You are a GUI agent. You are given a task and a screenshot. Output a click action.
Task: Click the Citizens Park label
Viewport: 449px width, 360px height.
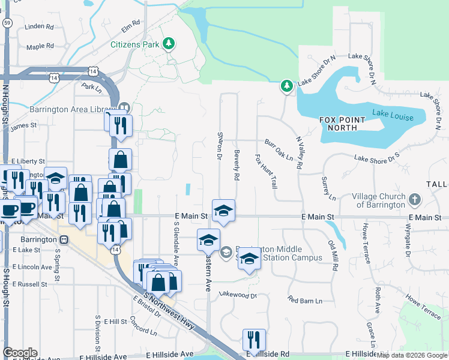click(134, 44)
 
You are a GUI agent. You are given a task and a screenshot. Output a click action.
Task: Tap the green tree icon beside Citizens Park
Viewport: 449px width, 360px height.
click(170, 43)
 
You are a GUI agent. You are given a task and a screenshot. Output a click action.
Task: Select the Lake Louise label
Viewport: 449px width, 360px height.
click(393, 116)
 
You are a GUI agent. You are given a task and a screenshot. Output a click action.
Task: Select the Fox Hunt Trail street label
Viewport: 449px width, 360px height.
click(265, 172)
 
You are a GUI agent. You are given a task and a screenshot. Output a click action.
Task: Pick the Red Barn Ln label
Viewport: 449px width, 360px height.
click(304, 299)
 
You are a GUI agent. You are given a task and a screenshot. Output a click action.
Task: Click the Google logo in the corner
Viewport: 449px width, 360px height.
click(20, 353)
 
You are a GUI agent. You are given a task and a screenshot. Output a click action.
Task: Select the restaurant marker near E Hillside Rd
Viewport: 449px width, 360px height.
click(254, 340)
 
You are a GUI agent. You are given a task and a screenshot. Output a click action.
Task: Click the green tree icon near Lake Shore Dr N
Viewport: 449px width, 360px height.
click(287, 86)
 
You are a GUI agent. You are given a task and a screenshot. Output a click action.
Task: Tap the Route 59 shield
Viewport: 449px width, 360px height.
click(7, 22)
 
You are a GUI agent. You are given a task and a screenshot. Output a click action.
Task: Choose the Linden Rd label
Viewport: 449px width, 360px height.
click(40, 27)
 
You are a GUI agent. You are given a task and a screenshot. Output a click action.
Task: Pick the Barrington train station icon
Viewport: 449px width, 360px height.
click(64, 239)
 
